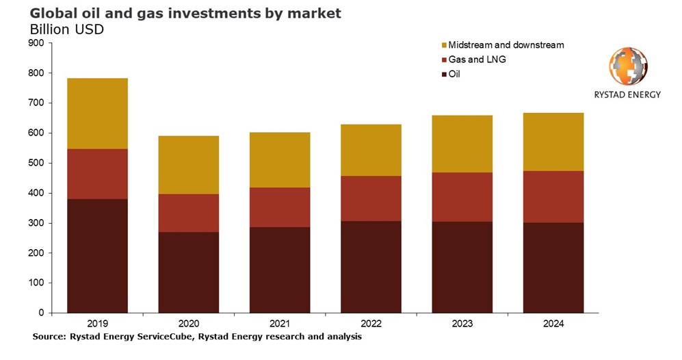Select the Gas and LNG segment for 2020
coord(188,213)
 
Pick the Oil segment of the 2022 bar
coord(371,267)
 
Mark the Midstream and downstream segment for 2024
coord(553,142)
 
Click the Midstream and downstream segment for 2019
coord(97,113)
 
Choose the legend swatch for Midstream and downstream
coord(443,46)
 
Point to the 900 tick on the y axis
coord(36,43)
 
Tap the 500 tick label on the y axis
coord(36,163)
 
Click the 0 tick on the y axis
coord(41,313)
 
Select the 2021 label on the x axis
coord(279,324)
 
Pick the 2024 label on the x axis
coord(553,324)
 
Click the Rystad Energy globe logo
coord(628,67)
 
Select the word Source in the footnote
coord(48,337)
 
